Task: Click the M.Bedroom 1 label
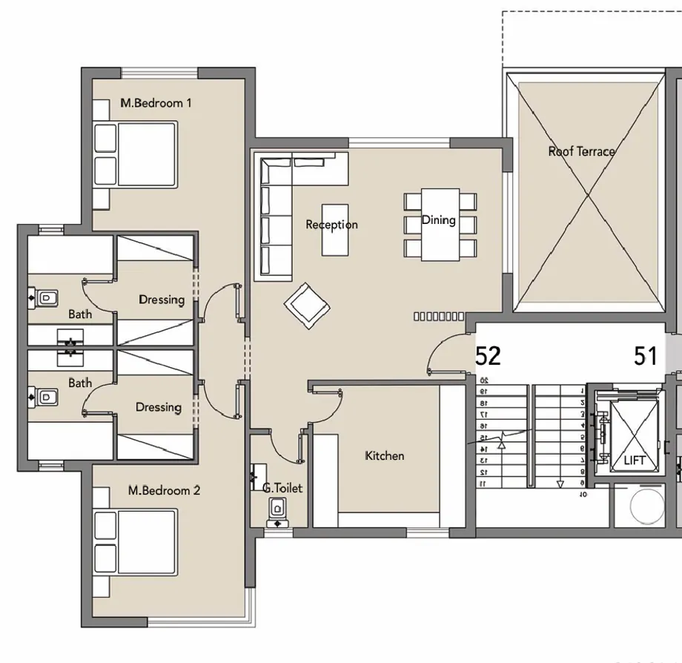click(156, 103)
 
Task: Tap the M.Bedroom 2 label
click(164, 490)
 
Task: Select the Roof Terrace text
click(581, 151)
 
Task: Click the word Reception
click(331, 225)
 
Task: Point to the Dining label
click(438, 220)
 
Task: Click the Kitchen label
click(385, 455)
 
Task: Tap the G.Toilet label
click(282, 489)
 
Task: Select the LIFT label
click(635, 461)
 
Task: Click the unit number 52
click(488, 356)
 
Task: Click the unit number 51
click(646, 356)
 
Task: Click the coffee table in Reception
click(334, 230)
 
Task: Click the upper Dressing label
click(162, 300)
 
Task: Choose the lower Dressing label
click(158, 407)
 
